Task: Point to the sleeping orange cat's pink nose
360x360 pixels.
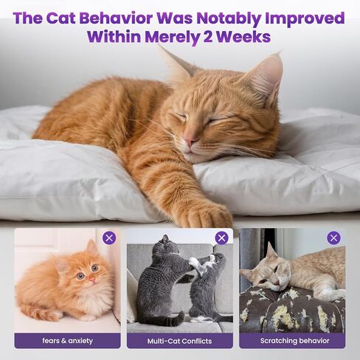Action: [x=190, y=141]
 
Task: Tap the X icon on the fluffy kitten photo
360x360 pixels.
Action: [x=109, y=238]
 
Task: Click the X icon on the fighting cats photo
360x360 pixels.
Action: [x=221, y=238]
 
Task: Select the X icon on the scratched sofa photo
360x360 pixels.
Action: [x=333, y=238]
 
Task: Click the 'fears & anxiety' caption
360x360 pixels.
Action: [x=67, y=341]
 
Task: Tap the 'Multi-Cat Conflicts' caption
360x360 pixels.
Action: [x=179, y=341]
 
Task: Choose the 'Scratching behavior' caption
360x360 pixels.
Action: [x=294, y=341]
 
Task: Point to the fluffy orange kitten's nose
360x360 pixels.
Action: [x=91, y=279]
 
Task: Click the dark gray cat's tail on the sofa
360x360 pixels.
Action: [x=170, y=319]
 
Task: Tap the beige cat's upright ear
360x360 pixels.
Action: [x=271, y=251]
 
